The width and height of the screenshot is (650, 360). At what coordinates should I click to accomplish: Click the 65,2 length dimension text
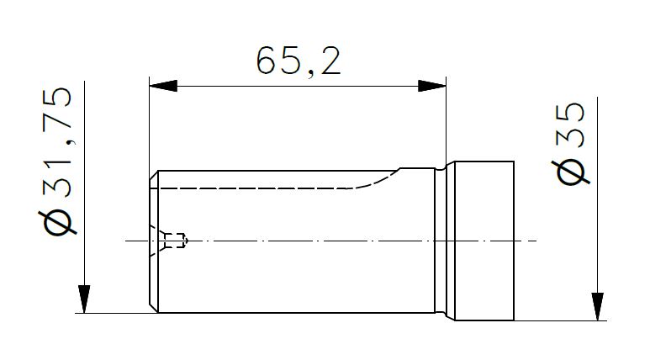point(299,61)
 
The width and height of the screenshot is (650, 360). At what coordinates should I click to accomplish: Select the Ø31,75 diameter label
point(58,161)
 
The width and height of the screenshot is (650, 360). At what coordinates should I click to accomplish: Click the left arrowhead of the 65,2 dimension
point(163,86)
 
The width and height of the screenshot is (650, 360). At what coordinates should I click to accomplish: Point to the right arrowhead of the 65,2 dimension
point(432,86)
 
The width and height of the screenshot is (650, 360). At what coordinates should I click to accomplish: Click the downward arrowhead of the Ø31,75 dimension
point(84,299)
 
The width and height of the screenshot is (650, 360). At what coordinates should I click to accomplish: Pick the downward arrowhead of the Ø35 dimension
point(597,306)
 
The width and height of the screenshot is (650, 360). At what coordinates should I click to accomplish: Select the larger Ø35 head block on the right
point(484,241)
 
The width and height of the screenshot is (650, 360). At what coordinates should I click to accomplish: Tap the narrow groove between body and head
point(445,241)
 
